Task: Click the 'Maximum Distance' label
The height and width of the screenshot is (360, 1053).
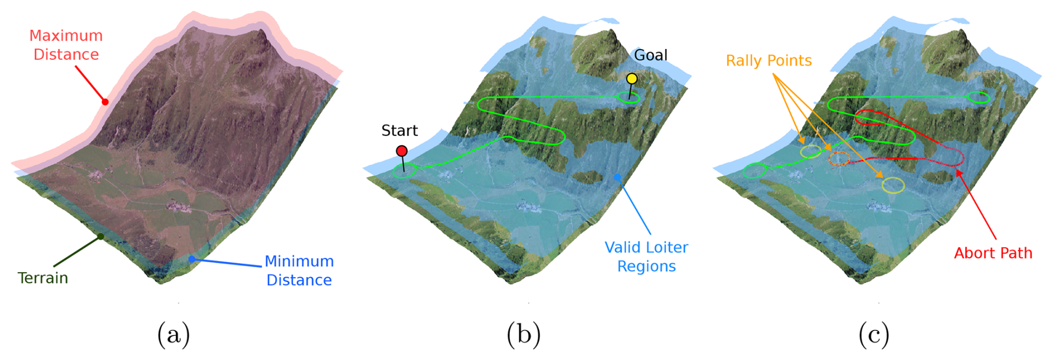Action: click(66, 45)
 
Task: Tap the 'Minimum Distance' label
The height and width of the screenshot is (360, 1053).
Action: click(299, 270)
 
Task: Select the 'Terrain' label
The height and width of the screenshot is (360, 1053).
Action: click(43, 278)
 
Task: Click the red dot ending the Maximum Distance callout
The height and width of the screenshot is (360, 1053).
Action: click(105, 102)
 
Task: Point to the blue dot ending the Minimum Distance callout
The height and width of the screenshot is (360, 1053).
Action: click(191, 259)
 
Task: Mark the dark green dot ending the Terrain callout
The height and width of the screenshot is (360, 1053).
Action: click(101, 236)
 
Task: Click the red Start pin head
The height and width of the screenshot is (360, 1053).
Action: click(401, 151)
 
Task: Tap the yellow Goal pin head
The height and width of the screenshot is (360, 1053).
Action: click(632, 78)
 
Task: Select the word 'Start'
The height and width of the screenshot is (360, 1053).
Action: click(399, 131)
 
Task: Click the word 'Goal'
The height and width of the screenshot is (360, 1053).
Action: click(651, 55)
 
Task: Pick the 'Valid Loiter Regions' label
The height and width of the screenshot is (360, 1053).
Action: click(646, 257)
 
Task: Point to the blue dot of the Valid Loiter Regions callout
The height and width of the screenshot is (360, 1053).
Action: click(617, 177)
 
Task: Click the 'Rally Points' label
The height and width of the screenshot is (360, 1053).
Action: click(769, 61)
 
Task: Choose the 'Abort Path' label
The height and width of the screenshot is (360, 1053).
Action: click(993, 253)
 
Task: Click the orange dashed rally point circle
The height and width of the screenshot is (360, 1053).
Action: click(839, 159)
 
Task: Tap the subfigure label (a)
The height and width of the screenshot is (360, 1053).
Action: click(174, 335)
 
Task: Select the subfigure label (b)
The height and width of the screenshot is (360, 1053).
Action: click(523, 335)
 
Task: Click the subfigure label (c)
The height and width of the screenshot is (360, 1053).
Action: click(873, 335)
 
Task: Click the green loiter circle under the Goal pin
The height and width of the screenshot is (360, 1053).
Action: click(629, 98)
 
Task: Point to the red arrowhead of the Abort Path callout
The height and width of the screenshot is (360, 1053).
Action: click(958, 172)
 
